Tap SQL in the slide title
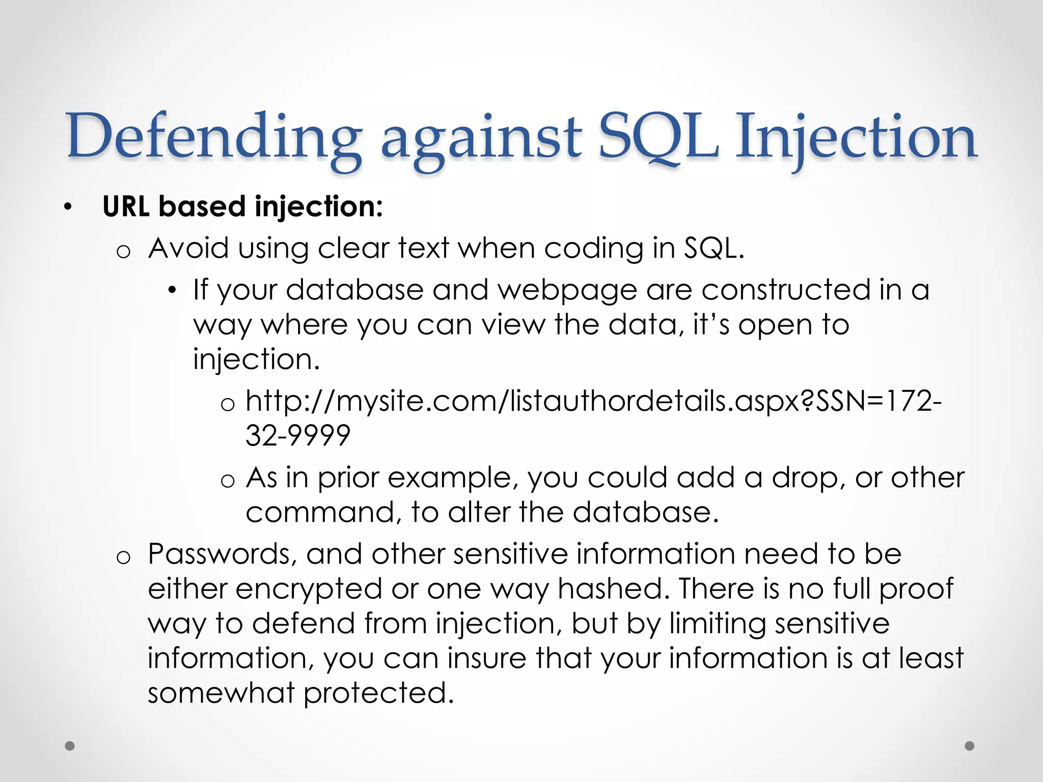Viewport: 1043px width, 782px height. tap(658, 136)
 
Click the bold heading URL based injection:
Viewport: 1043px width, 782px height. tap(242, 207)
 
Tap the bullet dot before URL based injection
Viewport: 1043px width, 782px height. tap(68, 208)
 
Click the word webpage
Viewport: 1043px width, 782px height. tap(567, 290)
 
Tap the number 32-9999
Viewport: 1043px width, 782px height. tap(298, 436)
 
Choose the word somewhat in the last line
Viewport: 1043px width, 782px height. tap(222, 693)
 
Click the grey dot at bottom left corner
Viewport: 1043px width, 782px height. tap(70, 746)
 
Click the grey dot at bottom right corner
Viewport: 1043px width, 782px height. tap(970, 746)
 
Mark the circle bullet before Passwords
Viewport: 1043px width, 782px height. tap(123, 558)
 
